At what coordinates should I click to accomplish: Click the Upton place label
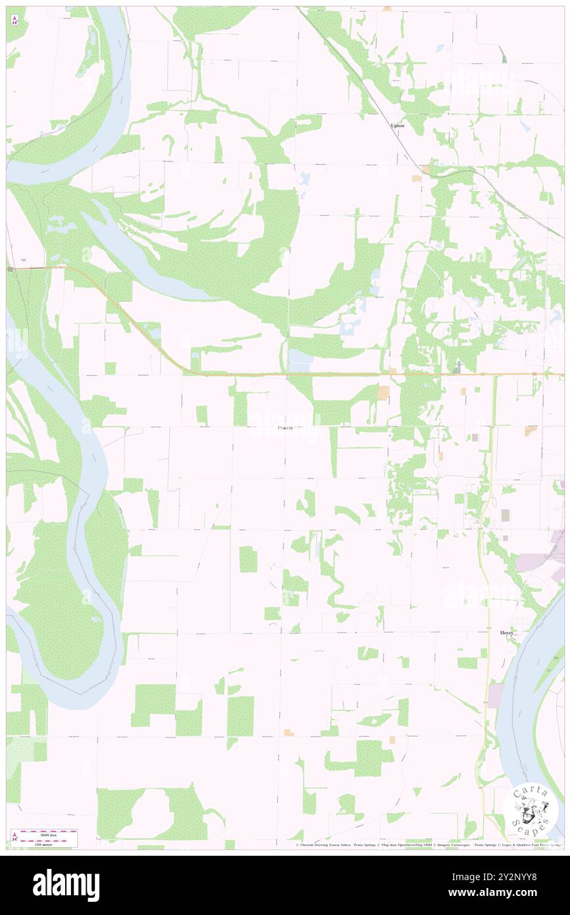[x=398, y=125]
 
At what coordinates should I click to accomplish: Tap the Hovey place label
[x=506, y=632]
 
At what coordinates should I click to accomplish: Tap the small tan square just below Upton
[x=416, y=178]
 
